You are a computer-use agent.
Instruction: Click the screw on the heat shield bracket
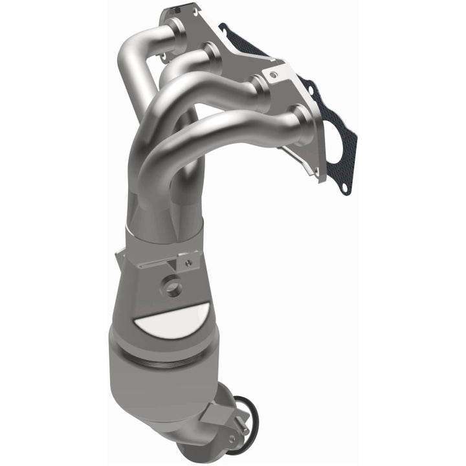(x=188, y=263)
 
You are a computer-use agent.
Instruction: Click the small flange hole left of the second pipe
(x=164, y=56)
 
